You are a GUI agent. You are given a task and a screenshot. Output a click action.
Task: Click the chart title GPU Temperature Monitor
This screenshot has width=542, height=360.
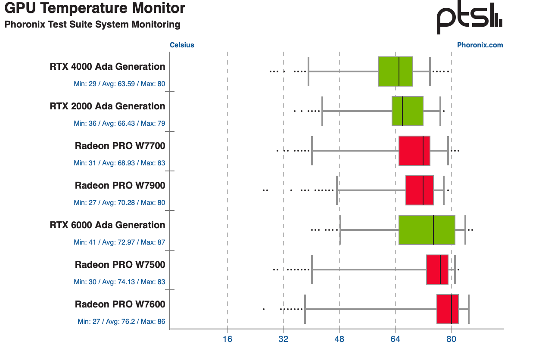click(95, 8)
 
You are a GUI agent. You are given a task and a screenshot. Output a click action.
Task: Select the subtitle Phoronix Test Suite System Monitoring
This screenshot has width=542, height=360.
click(92, 25)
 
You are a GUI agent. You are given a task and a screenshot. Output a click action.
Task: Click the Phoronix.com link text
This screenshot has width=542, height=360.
click(480, 45)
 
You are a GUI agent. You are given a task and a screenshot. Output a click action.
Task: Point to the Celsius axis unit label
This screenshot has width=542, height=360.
click(182, 45)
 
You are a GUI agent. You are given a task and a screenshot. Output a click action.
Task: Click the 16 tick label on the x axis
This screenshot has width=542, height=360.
click(227, 339)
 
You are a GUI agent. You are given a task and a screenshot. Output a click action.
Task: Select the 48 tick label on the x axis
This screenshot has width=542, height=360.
click(340, 339)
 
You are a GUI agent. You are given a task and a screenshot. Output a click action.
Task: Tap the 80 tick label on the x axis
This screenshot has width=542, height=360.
click(451, 339)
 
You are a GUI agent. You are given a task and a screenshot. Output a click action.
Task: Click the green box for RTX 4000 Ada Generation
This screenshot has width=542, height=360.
click(395, 71)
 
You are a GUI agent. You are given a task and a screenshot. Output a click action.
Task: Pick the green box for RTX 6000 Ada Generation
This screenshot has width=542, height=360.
click(427, 230)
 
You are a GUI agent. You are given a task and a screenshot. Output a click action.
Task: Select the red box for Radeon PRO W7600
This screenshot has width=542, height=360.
click(447, 309)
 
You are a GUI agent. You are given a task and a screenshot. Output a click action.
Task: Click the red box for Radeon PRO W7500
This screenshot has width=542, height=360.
click(437, 270)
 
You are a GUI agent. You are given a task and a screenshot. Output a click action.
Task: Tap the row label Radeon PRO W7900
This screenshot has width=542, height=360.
click(120, 186)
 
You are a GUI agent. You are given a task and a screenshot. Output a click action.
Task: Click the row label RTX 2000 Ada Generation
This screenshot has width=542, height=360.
click(107, 106)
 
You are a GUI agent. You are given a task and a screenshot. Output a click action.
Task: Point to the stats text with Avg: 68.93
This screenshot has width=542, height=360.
click(119, 163)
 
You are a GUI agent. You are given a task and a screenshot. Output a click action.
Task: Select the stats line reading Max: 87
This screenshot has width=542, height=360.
click(119, 242)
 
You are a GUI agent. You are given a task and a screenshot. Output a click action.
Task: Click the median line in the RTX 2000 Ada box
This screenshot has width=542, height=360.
click(402, 111)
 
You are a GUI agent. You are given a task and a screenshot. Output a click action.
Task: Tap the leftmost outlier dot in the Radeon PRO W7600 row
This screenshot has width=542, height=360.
click(264, 309)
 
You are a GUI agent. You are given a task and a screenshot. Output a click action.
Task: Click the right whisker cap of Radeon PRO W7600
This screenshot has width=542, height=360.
click(468, 309)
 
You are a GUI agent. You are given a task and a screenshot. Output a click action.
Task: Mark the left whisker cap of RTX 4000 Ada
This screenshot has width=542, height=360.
click(308, 71)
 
